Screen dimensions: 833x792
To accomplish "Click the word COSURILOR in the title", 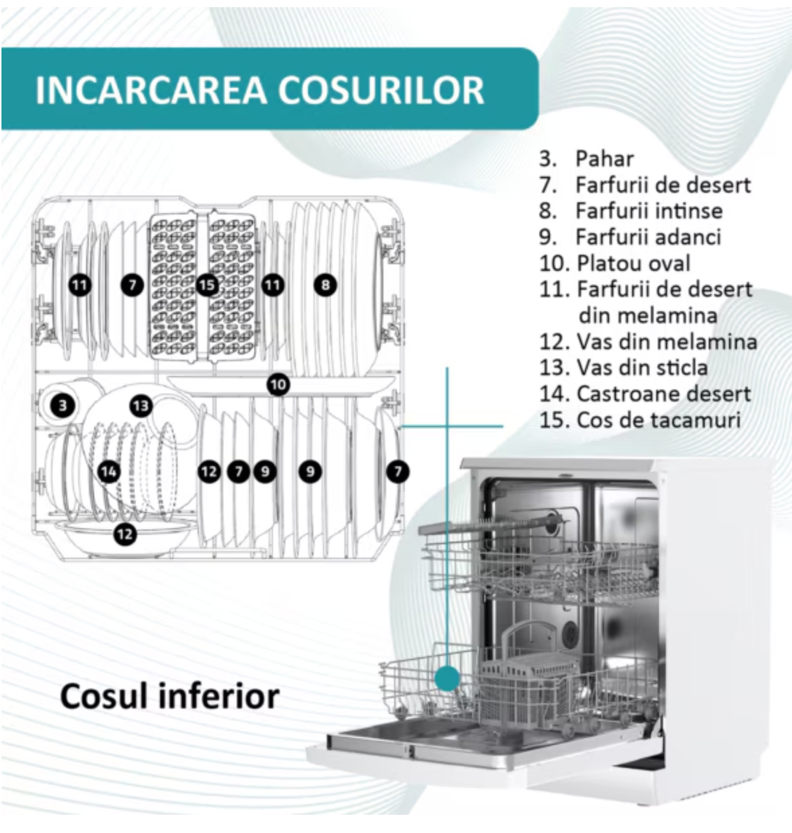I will click(381, 90).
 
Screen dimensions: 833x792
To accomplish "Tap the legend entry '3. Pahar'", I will click(586, 159).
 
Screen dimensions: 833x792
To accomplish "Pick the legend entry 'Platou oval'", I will click(615, 263).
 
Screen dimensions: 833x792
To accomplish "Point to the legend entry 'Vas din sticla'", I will click(623, 368).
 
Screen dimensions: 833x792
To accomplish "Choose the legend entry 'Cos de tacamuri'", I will click(640, 420).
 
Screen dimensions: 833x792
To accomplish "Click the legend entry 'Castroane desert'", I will click(645, 394).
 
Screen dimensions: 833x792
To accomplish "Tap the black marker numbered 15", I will click(207, 285).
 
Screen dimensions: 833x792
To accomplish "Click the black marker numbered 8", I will click(325, 285).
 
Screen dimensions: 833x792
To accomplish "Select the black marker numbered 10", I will click(278, 385).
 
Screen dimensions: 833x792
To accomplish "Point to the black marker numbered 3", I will click(63, 406).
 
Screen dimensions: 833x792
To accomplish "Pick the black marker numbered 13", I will click(140, 406).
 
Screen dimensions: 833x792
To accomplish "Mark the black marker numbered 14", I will click(109, 472).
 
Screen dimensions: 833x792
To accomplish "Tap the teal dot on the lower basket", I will click(447, 678).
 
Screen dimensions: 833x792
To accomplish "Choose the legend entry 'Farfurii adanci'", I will click(630, 237).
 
